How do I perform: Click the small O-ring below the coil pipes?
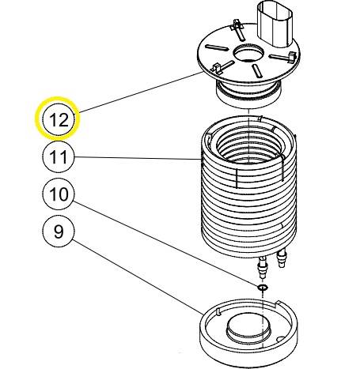262,288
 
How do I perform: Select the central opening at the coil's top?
247,142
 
